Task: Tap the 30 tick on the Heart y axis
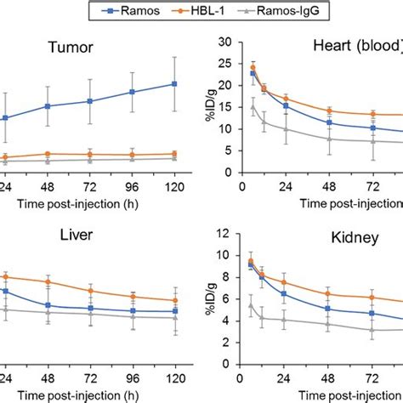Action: (225, 41)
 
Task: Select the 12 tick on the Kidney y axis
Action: (225, 233)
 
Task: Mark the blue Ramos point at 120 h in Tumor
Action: (174, 83)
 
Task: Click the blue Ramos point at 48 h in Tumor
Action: (48, 106)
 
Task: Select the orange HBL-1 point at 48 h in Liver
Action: (48, 281)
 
